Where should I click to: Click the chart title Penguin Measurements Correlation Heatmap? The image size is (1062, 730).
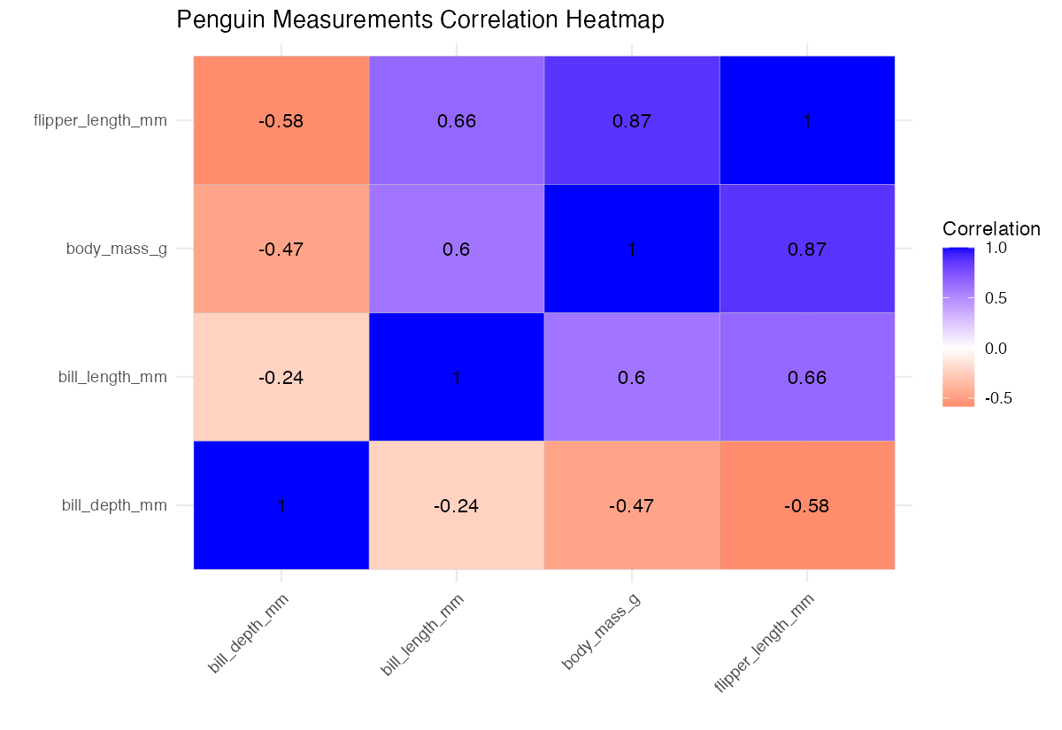pyautogui.click(x=419, y=20)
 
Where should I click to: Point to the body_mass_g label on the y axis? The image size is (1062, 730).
pyautogui.click(x=116, y=250)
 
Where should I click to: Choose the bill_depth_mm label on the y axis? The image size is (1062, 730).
pyautogui.click(x=114, y=506)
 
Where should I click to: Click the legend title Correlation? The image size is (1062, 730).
pyautogui.click(x=991, y=229)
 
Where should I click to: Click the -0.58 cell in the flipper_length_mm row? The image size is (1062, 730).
pyautogui.click(x=281, y=121)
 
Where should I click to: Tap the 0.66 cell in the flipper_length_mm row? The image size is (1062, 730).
pyautogui.click(x=457, y=121)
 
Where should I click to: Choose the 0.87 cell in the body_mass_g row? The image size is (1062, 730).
pyautogui.click(x=807, y=250)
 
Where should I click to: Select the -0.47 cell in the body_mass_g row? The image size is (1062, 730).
pyautogui.click(x=281, y=250)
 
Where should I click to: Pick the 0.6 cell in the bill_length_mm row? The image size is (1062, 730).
pyautogui.click(x=632, y=378)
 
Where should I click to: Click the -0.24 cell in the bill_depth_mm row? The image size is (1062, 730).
pyautogui.click(x=457, y=506)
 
